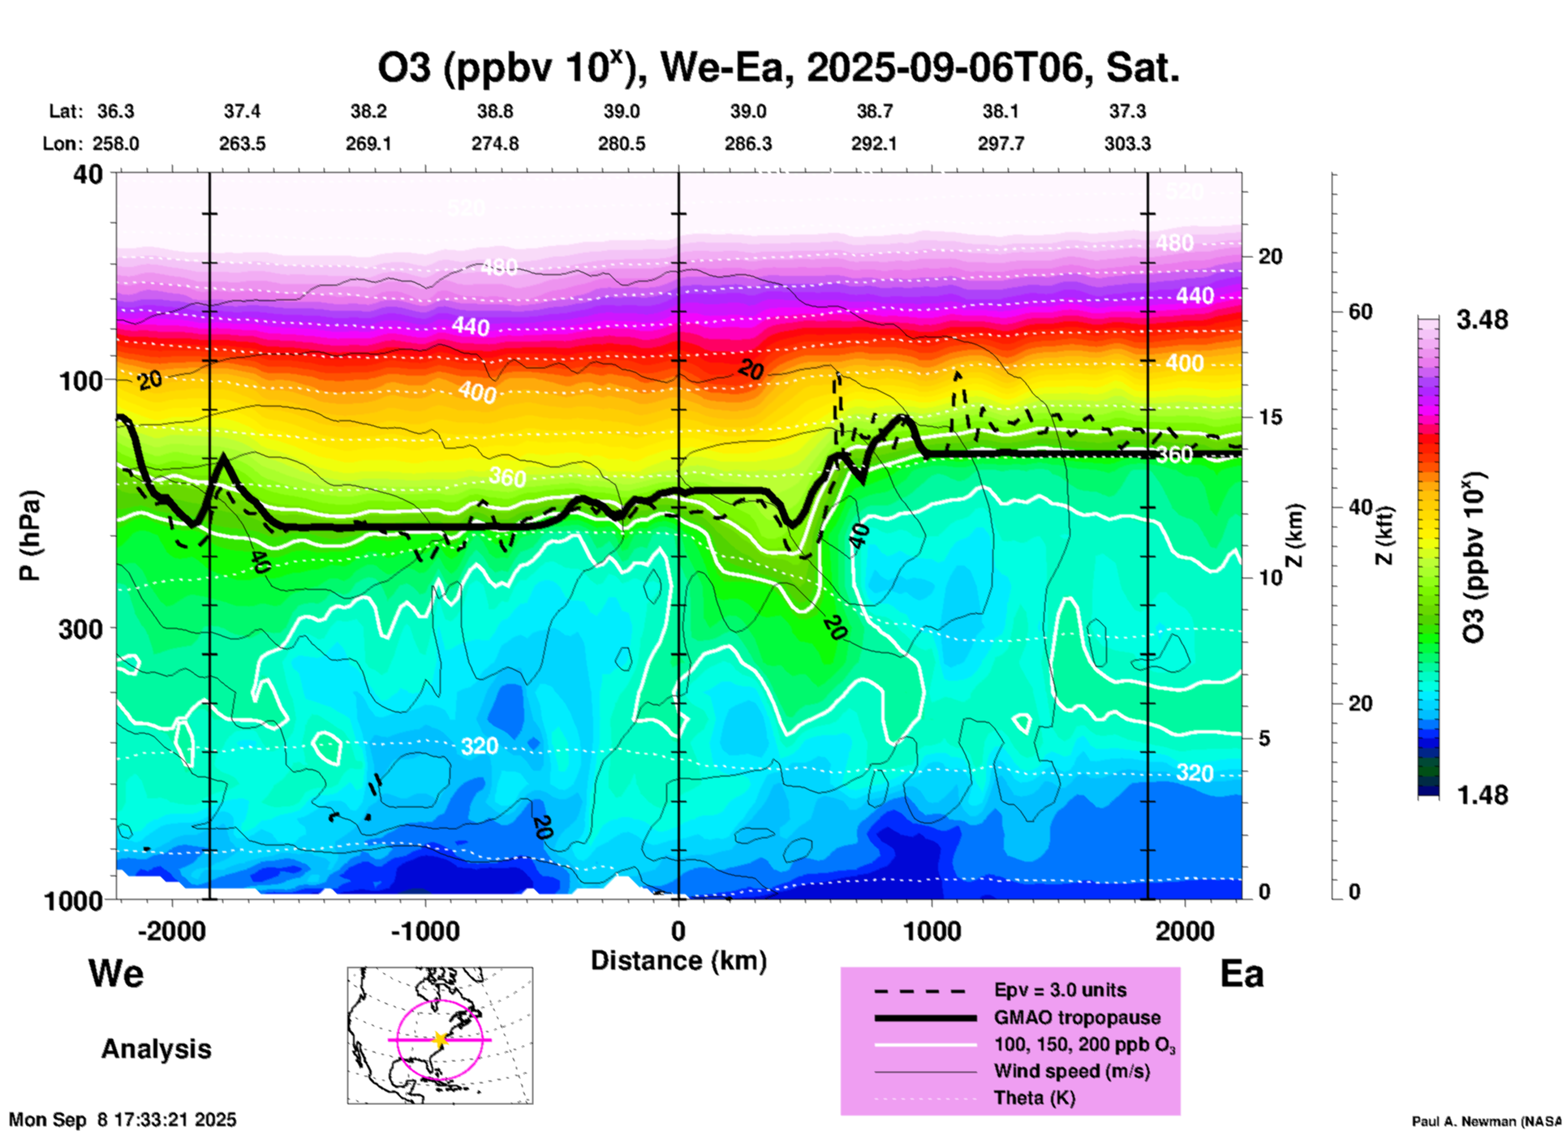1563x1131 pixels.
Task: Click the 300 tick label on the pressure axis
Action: click(x=81, y=628)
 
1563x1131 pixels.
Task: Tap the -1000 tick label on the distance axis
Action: click(x=424, y=931)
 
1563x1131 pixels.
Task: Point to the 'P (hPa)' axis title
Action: click(x=30, y=535)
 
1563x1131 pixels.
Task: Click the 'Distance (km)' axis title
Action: click(x=678, y=961)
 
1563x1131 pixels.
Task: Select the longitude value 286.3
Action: click(x=747, y=144)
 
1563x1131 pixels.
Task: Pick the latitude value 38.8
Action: click(x=495, y=111)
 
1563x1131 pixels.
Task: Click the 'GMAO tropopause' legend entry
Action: click(x=1077, y=1017)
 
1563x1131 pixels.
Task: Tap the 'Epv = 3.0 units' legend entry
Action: click(x=1060, y=990)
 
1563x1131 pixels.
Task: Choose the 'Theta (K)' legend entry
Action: click(x=1034, y=1098)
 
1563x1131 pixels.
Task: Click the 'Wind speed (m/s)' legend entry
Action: click(x=1071, y=1071)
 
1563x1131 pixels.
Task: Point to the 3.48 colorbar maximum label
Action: click(x=1482, y=320)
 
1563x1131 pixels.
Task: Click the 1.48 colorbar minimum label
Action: click(x=1482, y=795)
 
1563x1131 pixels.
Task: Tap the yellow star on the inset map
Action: click(x=440, y=1039)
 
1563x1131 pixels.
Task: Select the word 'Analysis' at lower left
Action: click(x=156, y=1049)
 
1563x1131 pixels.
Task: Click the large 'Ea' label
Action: click(x=1242, y=974)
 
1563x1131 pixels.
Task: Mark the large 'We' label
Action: click(x=116, y=973)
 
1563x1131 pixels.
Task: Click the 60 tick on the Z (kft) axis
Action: click(x=1360, y=312)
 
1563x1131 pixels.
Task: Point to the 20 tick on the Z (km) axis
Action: click(x=1270, y=256)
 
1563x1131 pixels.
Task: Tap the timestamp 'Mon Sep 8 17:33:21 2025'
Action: click(x=123, y=1120)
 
